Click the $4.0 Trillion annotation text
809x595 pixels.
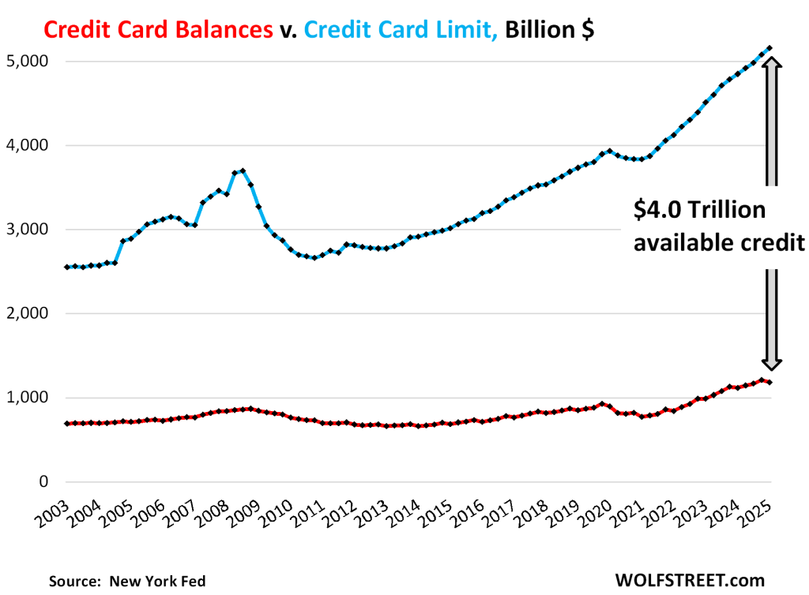698,211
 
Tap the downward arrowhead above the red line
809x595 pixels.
771,363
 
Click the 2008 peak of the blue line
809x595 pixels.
243,170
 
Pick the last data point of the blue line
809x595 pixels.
770,49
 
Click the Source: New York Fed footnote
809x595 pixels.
126,581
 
